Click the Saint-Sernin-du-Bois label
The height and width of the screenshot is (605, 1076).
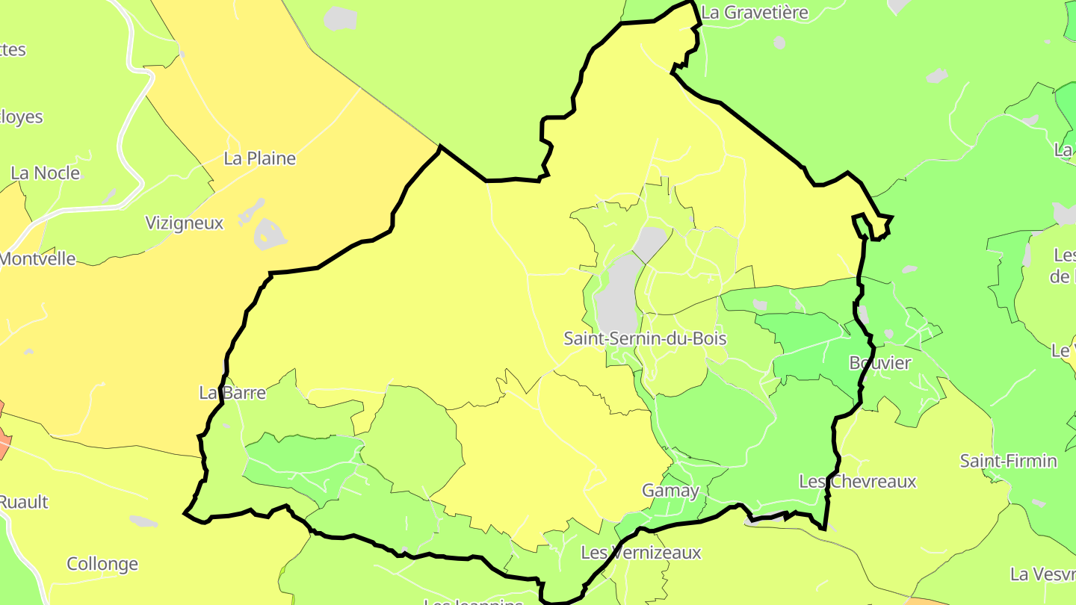click(645, 338)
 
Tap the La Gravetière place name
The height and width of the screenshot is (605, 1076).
click(755, 12)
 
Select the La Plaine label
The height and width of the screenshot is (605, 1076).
click(260, 158)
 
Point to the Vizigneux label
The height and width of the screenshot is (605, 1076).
click(184, 223)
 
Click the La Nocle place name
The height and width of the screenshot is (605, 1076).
click(46, 173)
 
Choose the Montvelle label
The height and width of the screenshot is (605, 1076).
click(37, 259)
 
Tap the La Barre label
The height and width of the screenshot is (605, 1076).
click(232, 392)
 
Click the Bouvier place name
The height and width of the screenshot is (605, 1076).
click(880, 363)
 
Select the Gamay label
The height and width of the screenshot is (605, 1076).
click(671, 491)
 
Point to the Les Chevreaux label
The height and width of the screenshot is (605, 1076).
click(857, 482)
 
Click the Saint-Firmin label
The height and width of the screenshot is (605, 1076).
click(1009, 461)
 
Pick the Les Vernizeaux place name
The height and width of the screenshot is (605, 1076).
click(641, 553)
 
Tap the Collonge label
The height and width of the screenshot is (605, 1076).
click(102, 564)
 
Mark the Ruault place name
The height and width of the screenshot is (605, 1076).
click(24, 502)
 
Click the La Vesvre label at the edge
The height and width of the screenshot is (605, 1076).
click(1042, 574)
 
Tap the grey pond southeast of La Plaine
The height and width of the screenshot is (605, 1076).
click(269, 234)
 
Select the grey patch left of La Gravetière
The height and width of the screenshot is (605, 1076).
click(341, 17)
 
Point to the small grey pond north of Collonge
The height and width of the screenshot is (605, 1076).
click(143, 521)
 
